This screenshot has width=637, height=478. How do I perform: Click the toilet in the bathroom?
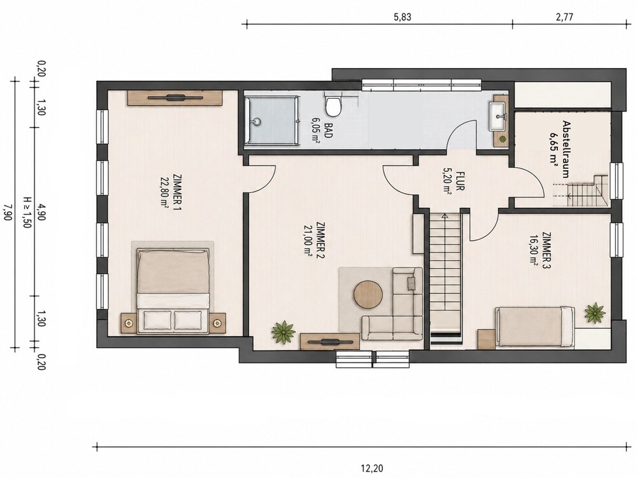pyautogui.click(x=334, y=105)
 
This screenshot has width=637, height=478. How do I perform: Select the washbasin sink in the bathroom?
pyautogui.click(x=498, y=117)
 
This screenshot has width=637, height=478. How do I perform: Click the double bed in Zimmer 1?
pyautogui.click(x=173, y=290)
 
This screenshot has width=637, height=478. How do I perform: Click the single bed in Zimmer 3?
pyautogui.click(x=534, y=328)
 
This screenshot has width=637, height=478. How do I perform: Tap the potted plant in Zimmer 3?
pyautogui.click(x=595, y=312)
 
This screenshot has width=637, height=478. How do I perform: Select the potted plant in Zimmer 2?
pyautogui.click(x=283, y=332)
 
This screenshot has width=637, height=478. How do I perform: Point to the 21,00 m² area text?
pyautogui.click(x=309, y=241)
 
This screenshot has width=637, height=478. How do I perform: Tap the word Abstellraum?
pyautogui.click(x=565, y=148)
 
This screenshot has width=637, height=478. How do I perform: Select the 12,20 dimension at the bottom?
pyautogui.click(x=372, y=468)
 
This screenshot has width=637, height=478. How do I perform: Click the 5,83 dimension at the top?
pyautogui.click(x=403, y=17)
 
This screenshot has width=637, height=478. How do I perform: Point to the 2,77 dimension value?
pyautogui.click(x=564, y=17)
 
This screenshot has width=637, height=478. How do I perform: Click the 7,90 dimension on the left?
pyautogui.click(x=7, y=212)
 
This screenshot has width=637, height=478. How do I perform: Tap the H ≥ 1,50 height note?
pyautogui.click(x=27, y=212)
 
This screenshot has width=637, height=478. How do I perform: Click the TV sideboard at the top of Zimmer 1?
pyautogui.click(x=175, y=98)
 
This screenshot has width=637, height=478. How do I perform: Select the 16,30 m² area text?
pyautogui.click(x=534, y=249)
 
